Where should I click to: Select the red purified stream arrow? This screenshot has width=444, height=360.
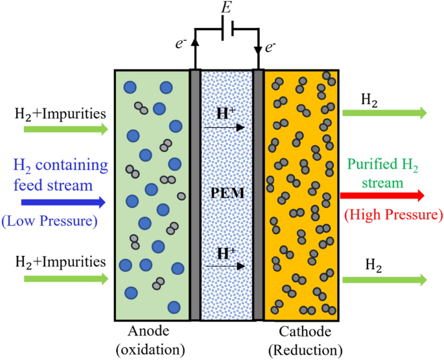(x=382, y=195)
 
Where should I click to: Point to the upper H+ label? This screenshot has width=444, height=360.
(x=226, y=114)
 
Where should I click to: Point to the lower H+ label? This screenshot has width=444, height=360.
(x=226, y=254)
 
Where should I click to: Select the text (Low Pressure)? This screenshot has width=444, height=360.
(x=49, y=221)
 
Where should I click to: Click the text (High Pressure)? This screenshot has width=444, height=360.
(x=393, y=213)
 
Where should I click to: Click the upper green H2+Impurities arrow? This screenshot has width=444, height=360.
(x=65, y=129)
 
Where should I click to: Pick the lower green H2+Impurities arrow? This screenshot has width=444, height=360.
(x=65, y=278)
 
